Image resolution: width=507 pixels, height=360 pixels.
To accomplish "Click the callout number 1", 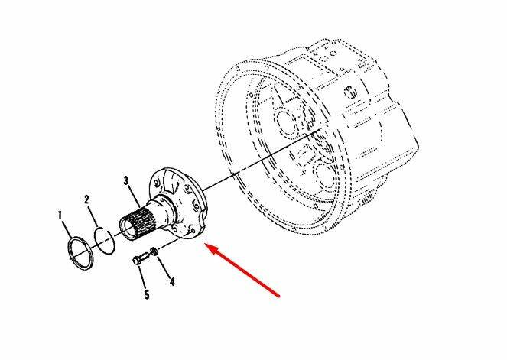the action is pos(60,216).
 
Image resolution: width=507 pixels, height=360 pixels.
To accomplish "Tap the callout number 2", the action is pos(86,199).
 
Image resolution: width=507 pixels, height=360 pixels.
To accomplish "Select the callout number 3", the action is pos(125,180).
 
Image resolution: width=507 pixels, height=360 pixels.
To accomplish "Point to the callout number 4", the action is pos(172,282).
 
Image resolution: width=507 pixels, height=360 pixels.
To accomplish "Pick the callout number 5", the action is pos(147,295).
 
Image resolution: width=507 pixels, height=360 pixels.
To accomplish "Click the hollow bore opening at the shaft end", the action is pos(126,229).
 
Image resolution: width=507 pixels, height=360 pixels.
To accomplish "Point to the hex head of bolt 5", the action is pos(136,261).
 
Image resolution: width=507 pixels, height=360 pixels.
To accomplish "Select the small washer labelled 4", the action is pos(154,251).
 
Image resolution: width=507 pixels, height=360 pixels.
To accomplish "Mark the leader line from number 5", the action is pos(142,277).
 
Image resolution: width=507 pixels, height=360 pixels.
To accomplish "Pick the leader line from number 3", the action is pos(135,196).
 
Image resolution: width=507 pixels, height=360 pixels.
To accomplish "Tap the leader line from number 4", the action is pos(164,266).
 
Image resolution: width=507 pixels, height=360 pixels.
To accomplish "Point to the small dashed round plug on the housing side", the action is pos(350,92).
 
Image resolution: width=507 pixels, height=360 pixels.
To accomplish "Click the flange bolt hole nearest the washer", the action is pos(193,231).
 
